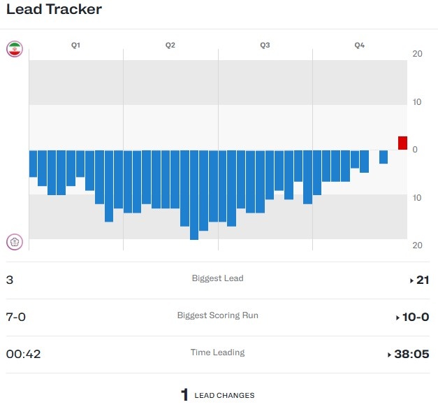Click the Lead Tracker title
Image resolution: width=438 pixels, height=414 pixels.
[x=54, y=10]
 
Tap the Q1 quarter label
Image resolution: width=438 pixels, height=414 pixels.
[x=75, y=45]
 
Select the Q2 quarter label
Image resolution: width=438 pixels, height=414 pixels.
[x=170, y=45]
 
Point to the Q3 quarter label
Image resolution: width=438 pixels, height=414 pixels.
[x=265, y=45]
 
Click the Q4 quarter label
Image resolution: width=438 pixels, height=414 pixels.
[x=359, y=45]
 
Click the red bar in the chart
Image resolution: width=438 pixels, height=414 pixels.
[x=402, y=143]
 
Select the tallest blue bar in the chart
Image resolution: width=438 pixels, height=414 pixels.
[x=194, y=195]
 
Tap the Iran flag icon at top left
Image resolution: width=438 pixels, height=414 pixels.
[x=14, y=49]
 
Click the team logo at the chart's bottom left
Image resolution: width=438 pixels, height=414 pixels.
[x=14, y=243]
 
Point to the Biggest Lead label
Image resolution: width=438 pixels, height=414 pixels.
[x=217, y=278]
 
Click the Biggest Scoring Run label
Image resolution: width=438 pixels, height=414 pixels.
[x=217, y=315]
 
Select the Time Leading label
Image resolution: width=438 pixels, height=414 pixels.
[x=217, y=352]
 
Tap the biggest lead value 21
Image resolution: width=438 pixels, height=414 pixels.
[x=422, y=280]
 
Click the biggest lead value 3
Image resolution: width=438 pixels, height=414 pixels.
[x=9, y=280]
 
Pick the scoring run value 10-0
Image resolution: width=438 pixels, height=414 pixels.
[x=416, y=317]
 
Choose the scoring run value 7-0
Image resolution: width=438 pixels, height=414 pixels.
[x=15, y=317]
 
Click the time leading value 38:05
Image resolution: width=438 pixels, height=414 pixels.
[x=411, y=355]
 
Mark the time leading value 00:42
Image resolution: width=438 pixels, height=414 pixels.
[x=23, y=355]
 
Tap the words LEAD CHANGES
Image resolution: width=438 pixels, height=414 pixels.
[x=224, y=396]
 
